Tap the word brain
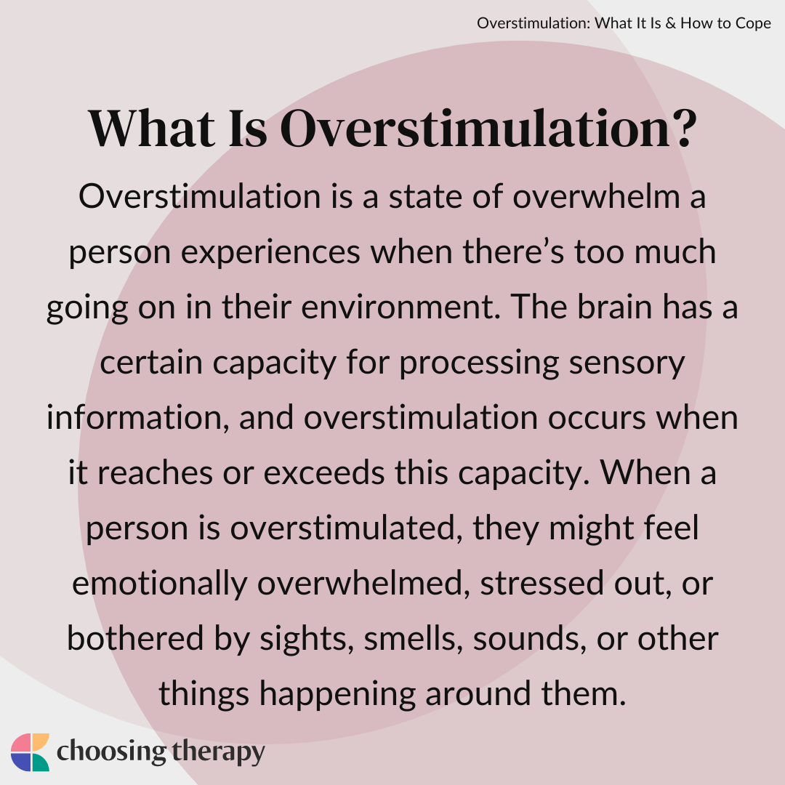[x=608, y=308]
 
